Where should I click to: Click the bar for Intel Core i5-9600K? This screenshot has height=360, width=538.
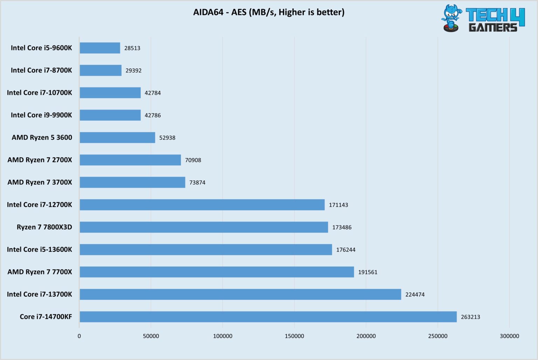tap(100, 48)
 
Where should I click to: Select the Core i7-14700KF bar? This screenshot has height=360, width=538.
tap(268, 317)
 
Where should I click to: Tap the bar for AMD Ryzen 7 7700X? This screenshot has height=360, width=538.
tap(216, 272)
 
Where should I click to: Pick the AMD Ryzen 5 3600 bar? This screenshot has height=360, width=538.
tap(117, 138)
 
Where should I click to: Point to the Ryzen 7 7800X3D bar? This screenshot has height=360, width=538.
tap(204, 227)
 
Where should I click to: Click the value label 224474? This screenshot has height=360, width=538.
tap(415, 295)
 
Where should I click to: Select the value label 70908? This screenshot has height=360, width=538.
tap(193, 160)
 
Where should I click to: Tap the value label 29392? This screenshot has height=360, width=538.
tap(133, 70)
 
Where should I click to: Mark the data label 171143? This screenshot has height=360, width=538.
tap(338, 205)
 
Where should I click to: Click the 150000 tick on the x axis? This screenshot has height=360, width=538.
tap(294, 336)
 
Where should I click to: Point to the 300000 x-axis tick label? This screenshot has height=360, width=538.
tap(509, 336)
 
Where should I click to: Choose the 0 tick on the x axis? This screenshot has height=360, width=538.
tap(79, 336)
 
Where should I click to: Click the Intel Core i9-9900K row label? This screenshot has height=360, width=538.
tap(41, 115)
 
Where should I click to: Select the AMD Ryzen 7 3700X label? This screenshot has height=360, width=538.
tap(40, 182)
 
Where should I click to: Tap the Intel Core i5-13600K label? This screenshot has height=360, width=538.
tap(39, 250)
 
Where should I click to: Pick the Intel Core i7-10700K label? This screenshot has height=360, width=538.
tap(39, 93)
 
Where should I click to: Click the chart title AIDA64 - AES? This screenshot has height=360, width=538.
tap(269, 12)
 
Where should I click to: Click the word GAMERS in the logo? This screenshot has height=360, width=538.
tap(493, 27)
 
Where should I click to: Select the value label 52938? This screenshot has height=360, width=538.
tap(167, 138)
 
